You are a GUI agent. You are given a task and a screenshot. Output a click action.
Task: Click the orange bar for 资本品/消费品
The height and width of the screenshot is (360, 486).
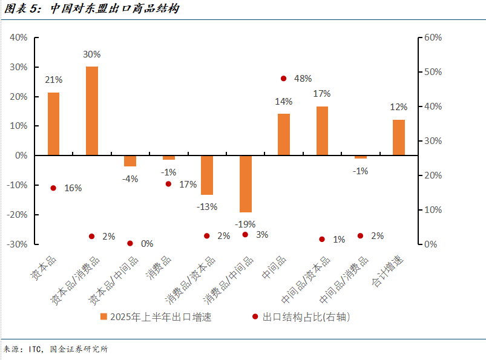[92, 111]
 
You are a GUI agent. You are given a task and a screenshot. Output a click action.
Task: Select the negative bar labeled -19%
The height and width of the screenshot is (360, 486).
[245, 184]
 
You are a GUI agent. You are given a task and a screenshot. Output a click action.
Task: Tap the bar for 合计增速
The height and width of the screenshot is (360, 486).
[399, 137]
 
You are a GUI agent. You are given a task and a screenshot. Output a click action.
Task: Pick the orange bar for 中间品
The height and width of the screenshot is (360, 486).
[284, 134]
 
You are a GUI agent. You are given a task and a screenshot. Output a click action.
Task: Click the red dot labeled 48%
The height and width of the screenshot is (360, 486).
[283, 78]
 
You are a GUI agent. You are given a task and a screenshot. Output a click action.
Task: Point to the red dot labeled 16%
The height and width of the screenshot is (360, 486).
[53, 188]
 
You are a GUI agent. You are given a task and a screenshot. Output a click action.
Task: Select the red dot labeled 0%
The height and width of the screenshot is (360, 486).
[130, 243]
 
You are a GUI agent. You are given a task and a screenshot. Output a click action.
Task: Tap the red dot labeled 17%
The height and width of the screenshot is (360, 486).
[168, 184]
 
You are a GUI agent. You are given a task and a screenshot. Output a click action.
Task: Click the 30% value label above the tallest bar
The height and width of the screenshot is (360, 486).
[92, 54]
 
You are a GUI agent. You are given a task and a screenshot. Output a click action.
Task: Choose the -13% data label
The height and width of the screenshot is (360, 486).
[207, 206]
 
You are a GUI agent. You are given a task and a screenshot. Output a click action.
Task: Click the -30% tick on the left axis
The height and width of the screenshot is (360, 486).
[16, 244]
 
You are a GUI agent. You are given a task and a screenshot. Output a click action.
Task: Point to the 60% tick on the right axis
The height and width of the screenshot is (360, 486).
[433, 38]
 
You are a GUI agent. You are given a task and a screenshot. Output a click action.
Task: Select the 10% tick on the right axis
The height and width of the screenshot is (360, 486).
[433, 210]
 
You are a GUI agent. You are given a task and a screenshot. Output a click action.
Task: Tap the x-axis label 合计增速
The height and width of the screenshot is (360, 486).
[390, 271]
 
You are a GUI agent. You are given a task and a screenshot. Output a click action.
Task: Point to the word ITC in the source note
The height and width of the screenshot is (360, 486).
[37, 349]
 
